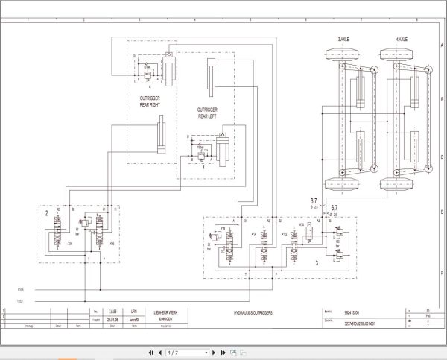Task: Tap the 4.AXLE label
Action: pyautogui.click(x=398, y=37)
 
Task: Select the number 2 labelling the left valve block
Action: pyautogui.click(x=45, y=212)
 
